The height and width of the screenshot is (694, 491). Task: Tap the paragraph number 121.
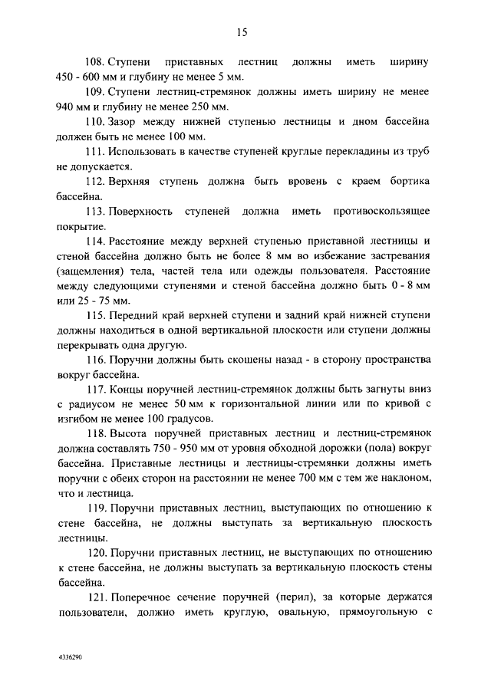(94, 597)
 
